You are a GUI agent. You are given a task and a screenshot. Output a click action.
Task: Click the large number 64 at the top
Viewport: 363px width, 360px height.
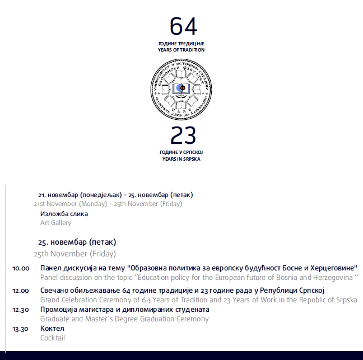[183, 26]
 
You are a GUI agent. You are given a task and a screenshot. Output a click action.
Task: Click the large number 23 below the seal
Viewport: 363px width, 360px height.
[183, 135]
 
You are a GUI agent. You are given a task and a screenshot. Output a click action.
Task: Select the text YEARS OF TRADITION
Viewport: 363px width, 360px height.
[181, 50]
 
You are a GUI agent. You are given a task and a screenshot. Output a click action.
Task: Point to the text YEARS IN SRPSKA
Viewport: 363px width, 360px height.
[181, 159]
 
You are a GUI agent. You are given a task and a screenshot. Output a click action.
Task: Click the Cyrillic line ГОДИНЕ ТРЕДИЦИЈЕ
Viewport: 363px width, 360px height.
[181, 44]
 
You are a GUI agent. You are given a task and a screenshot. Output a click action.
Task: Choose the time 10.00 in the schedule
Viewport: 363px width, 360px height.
[21, 269]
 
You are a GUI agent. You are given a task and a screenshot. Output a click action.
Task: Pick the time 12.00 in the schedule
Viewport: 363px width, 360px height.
[21, 291]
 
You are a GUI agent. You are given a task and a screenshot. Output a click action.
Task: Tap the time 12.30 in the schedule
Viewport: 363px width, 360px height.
[21, 310]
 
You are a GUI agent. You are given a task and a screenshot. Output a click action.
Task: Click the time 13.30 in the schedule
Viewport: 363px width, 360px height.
[21, 329]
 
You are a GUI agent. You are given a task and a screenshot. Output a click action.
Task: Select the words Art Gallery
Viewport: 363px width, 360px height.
[56, 223]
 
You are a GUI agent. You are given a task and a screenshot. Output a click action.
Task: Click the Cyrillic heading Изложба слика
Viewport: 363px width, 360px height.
[64, 214]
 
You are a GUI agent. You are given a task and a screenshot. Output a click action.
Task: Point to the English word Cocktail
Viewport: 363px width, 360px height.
[53, 338]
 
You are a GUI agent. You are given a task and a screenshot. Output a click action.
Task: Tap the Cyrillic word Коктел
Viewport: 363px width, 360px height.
[53, 329]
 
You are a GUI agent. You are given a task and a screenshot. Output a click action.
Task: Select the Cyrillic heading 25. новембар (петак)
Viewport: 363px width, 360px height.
[77, 242]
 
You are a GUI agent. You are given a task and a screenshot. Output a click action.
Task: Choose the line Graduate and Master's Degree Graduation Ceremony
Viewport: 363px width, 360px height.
[124, 319]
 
